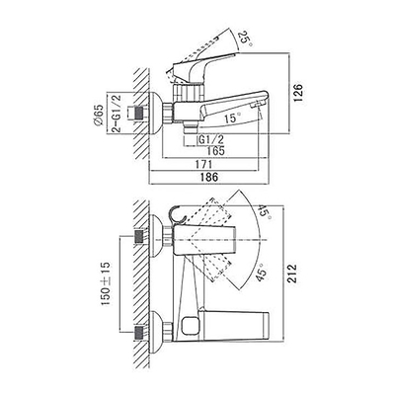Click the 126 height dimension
(x=297, y=93)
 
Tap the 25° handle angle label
(x=246, y=39)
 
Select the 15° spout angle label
(x=232, y=118)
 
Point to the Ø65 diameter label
(x=98, y=115)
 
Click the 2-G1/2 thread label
(x=117, y=114)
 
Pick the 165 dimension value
(x=215, y=151)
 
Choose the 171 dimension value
(x=203, y=164)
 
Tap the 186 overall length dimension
(x=209, y=177)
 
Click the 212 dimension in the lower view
(x=291, y=273)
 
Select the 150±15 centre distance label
(x=106, y=283)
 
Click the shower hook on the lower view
(x=178, y=214)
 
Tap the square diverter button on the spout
(x=190, y=324)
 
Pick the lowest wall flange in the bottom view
(x=156, y=333)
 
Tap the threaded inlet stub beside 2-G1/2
(x=139, y=114)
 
